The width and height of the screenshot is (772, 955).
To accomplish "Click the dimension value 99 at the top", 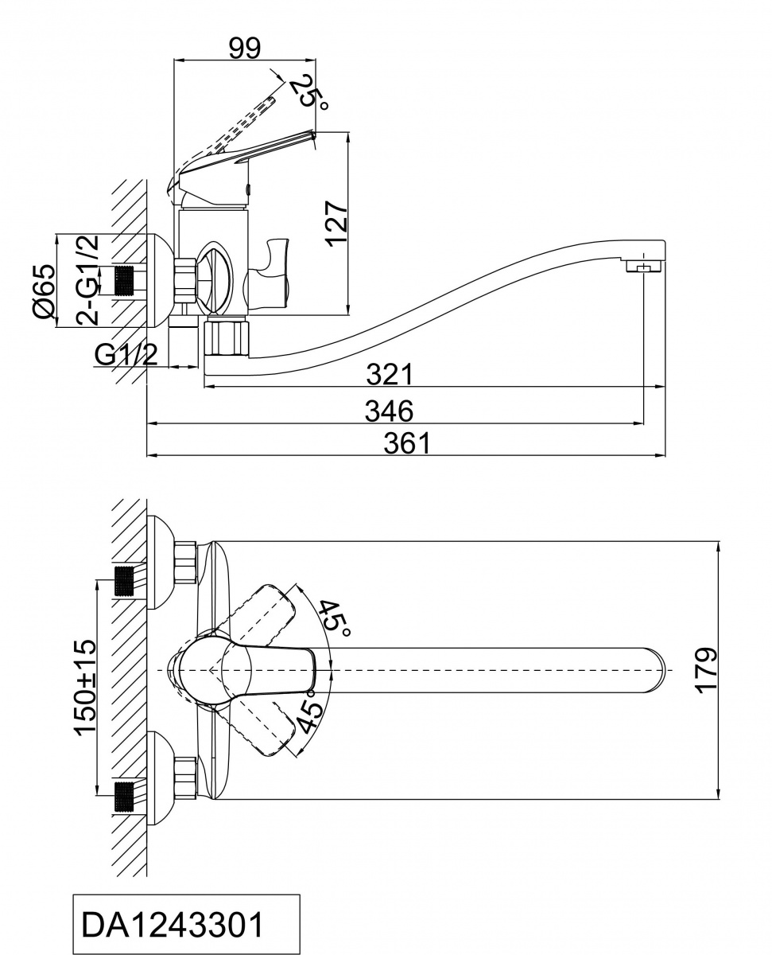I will pyautogui.click(x=244, y=48).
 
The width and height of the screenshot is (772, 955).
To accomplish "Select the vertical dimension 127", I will pyautogui.click(x=337, y=224).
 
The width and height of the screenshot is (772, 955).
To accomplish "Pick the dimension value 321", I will pyautogui.click(x=389, y=372).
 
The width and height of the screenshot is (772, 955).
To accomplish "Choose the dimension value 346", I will pyautogui.click(x=389, y=411).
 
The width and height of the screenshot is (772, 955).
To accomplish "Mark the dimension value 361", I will pyautogui.click(x=405, y=442).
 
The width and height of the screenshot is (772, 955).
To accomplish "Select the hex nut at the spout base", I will pyautogui.click(x=227, y=336).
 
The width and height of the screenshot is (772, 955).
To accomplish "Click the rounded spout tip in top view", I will pyautogui.click(x=654, y=670).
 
